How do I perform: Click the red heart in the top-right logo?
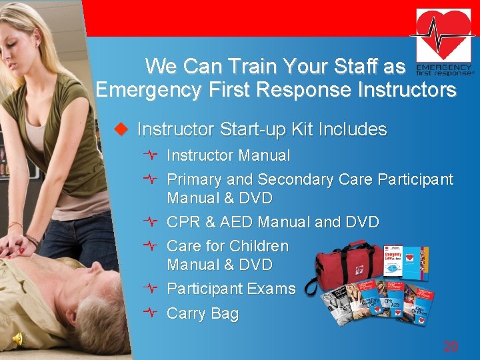click(x=443, y=33)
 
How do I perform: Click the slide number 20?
click(x=451, y=347)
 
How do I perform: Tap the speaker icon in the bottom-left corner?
click(x=18, y=339)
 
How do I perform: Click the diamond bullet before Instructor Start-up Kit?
click(x=121, y=129)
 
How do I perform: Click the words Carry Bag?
click(x=202, y=313)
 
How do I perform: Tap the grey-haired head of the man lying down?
click(x=100, y=320)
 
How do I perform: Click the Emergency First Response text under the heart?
click(x=443, y=71)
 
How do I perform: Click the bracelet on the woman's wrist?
click(x=31, y=239)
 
